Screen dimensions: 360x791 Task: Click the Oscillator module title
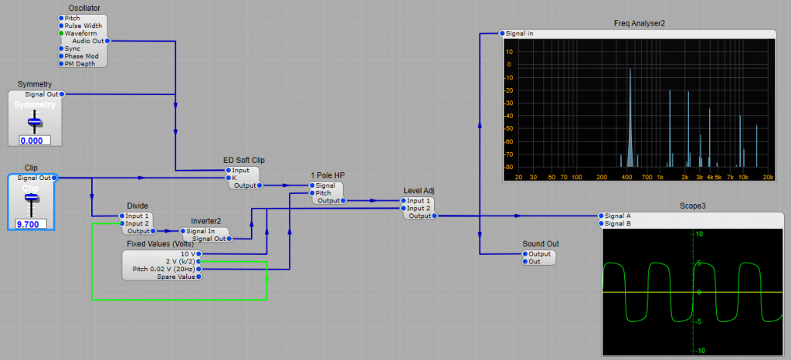click(x=84, y=8)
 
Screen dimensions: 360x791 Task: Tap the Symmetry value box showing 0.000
click(x=34, y=141)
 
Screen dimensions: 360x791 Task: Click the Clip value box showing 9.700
click(x=30, y=224)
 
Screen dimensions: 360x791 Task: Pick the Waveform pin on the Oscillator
click(x=61, y=33)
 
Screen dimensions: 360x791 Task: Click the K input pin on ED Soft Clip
click(x=228, y=178)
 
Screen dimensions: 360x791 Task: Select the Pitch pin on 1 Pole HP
click(x=312, y=193)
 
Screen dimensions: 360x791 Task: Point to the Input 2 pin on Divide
click(x=121, y=223)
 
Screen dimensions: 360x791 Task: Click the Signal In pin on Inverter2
click(x=183, y=231)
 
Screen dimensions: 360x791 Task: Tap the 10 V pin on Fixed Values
click(x=199, y=253)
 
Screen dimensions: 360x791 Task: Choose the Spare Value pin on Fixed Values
click(x=199, y=277)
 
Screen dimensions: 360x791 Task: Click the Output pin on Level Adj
click(x=435, y=216)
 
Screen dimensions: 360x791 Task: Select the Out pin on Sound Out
click(x=525, y=261)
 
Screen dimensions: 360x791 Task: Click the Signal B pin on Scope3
click(x=600, y=223)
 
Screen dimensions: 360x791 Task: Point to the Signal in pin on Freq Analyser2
click(x=502, y=33)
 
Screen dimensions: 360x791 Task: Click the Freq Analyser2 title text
click(x=639, y=23)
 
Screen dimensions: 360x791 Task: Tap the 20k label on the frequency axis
click(x=768, y=177)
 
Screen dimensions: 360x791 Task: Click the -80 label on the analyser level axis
click(x=509, y=166)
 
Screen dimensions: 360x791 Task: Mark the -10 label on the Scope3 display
click(x=778, y=350)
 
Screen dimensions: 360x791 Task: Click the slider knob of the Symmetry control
click(x=34, y=121)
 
